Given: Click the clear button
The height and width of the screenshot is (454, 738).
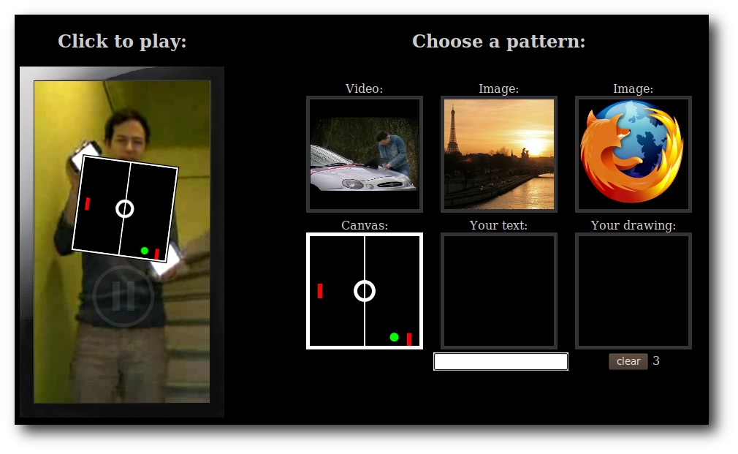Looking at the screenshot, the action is pyautogui.click(x=628, y=361).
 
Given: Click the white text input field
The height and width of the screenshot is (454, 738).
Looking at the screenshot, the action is pyautogui.click(x=501, y=362).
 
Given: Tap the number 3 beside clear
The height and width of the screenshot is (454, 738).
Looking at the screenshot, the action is pyautogui.click(x=656, y=360).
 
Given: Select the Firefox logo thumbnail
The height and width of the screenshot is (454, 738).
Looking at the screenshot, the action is pyautogui.click(x=633, y=154).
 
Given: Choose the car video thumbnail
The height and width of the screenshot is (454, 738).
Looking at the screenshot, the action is pyautogui.click(x=365, y=154).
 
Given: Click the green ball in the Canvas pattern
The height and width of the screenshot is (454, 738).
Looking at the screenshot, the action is pyautogui.click(x=395, y=337).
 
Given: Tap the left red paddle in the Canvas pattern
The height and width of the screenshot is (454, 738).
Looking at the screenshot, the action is pyautogui.click(x=320, y=290).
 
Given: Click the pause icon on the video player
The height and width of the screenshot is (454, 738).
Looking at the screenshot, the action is pyautogui.click(x=123, y=296).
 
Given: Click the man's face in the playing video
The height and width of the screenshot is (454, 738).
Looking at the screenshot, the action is pyautogui.click(x=126, y=135).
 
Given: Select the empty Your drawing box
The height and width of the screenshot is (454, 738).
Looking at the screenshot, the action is pyautogui.click(x=633, y=291).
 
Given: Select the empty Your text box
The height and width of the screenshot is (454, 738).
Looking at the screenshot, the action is pyautogui.click(x=499, y=291).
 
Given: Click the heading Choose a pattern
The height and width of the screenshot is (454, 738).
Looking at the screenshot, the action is pyautogui.click(x=499, y=42).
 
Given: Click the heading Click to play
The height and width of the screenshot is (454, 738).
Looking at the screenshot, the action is pyautogui.click(x=122, y=42).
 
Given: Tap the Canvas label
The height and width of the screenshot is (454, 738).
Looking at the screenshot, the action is pyautogui.click(x=365, y=225).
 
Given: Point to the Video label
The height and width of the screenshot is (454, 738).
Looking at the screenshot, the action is pyautogui.click(x=365, y=88).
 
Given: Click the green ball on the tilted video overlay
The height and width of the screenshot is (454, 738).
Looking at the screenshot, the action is pyautogui.click(x=145, y=251).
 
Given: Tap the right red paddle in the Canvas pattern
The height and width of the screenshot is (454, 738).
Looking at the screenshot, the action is pyautogui.click(x=409, y=339).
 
